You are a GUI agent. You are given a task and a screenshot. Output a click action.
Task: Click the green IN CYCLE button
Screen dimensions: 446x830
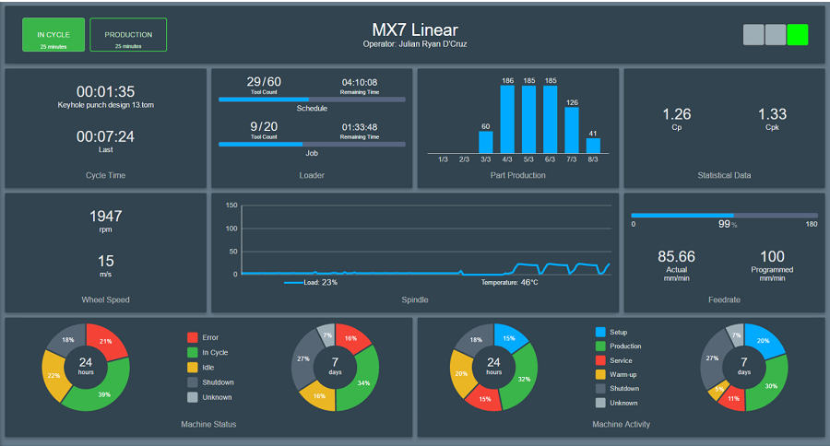pos(53,35)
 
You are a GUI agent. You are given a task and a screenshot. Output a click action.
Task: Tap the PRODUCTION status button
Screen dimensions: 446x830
pos(128,35)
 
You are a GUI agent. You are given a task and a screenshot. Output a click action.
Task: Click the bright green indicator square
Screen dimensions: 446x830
pos(798,35)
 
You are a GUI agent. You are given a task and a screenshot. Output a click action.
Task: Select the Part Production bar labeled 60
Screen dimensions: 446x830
pos(486,142)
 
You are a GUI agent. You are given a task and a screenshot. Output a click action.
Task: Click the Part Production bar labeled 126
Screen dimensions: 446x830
pos(572,130)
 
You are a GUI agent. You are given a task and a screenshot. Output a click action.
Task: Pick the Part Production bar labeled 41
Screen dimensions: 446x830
pos(593,146)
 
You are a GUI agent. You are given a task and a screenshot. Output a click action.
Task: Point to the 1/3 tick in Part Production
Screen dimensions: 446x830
pos(443,159)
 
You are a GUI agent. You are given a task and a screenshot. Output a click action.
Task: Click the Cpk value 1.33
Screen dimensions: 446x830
pos(772,114)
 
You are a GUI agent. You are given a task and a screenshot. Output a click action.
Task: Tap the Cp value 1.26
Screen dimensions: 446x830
pos(677,114)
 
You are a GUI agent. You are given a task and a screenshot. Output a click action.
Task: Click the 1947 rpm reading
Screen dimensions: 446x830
pos(105,217)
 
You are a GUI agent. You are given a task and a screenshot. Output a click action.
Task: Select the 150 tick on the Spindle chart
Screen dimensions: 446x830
pos(231,205)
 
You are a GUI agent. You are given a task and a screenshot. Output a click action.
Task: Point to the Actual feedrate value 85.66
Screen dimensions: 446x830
pos(676,256)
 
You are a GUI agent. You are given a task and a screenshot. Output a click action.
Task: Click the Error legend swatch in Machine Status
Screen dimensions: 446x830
pos(193,337)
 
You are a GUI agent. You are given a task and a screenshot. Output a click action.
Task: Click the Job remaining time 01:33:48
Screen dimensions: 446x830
pos(359,126)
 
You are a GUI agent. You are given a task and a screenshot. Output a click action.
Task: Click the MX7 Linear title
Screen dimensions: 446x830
pos(414,30)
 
